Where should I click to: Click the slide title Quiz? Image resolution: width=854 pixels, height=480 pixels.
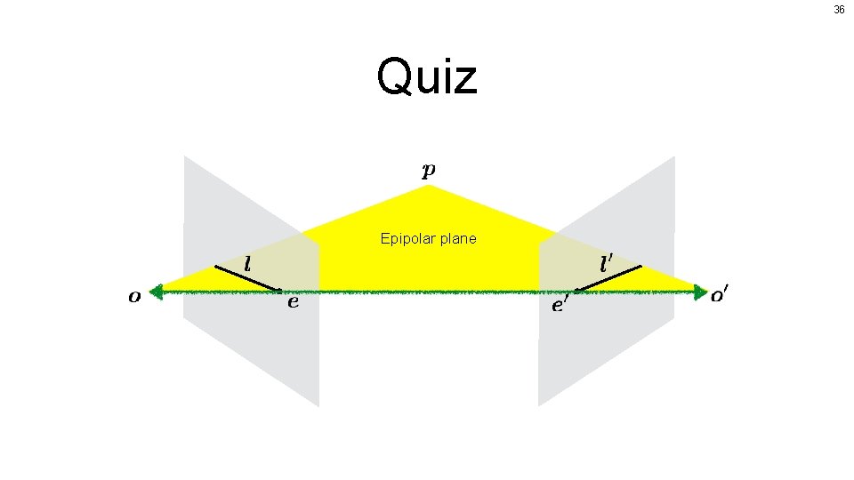tap(427, 76)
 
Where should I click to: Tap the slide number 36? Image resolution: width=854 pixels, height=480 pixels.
tap(839, 10)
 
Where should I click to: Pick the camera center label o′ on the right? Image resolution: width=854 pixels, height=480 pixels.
tap(722, 295)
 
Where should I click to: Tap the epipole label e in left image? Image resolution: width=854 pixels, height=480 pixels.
tap(293, 302)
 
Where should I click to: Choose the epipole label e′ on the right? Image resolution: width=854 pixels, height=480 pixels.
tap(560, 305)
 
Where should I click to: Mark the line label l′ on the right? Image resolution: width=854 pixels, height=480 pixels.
tap(607, 263)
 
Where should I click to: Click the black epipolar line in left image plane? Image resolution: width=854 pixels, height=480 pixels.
tap(247, 277)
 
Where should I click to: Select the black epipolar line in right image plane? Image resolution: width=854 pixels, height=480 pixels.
tap(608, 277)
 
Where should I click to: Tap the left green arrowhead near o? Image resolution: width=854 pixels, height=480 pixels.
tap(157, 290)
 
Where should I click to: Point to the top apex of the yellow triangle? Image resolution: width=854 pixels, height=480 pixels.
tap(430, 186)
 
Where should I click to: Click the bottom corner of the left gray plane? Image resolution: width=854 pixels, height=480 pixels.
tap(318, 405)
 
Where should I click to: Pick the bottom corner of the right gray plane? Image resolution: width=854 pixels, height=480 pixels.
tap(539, 405)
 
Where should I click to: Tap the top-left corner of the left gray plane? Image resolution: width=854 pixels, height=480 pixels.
tap(185, 157)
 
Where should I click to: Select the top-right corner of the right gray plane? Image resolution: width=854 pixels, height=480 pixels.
tap(674, 157)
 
